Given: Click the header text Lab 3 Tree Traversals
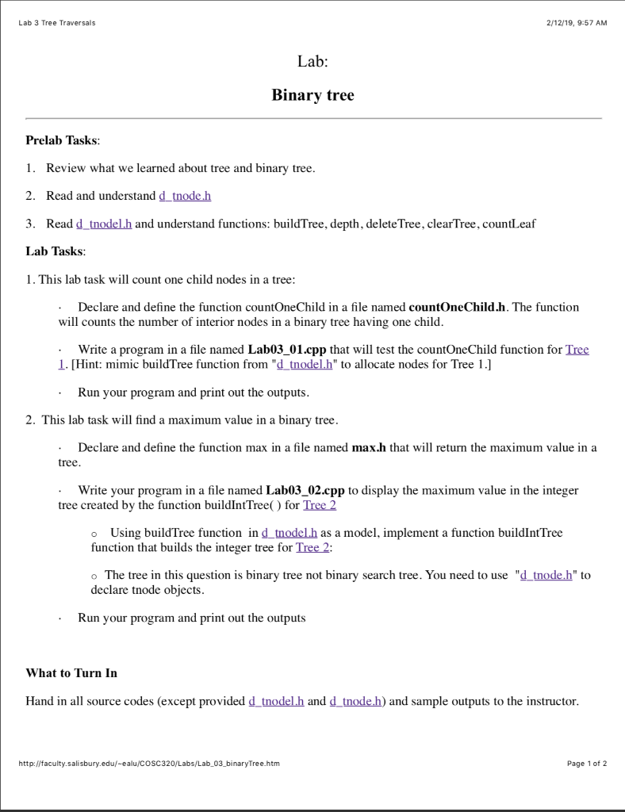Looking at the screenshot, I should pos(56,23).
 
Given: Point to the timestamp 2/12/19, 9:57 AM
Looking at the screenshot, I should pos(577,23).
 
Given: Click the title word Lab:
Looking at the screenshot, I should pos(312,62).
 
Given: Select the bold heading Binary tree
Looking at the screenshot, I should pos(312,95).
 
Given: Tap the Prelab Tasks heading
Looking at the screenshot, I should pos(63,140).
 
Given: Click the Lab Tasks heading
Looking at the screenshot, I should pos(56,251).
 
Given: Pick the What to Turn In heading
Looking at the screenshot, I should pos(71,672).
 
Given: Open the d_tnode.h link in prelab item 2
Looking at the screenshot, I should pos(185,196).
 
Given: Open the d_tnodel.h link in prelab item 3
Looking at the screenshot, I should pos(104,224).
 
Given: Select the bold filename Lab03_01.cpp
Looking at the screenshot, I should pos(286,350).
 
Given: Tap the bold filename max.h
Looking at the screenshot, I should pos(369,447).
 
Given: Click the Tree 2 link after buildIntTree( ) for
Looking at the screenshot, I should pos(320,504).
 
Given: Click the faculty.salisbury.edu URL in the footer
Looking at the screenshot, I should pos(148,764).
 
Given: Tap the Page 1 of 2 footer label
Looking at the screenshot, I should pos(587,764).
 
